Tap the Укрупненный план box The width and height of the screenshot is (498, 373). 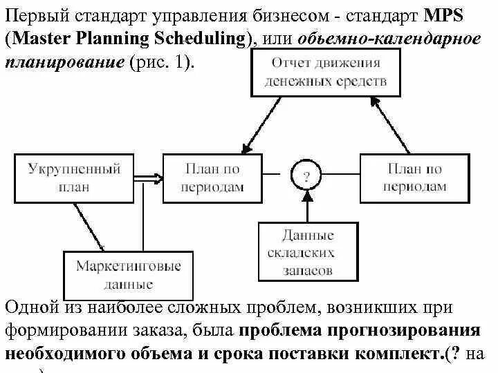75,178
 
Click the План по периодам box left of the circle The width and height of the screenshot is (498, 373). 212,178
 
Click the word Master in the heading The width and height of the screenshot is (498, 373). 48,38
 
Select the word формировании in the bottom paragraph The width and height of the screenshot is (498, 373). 63,329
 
